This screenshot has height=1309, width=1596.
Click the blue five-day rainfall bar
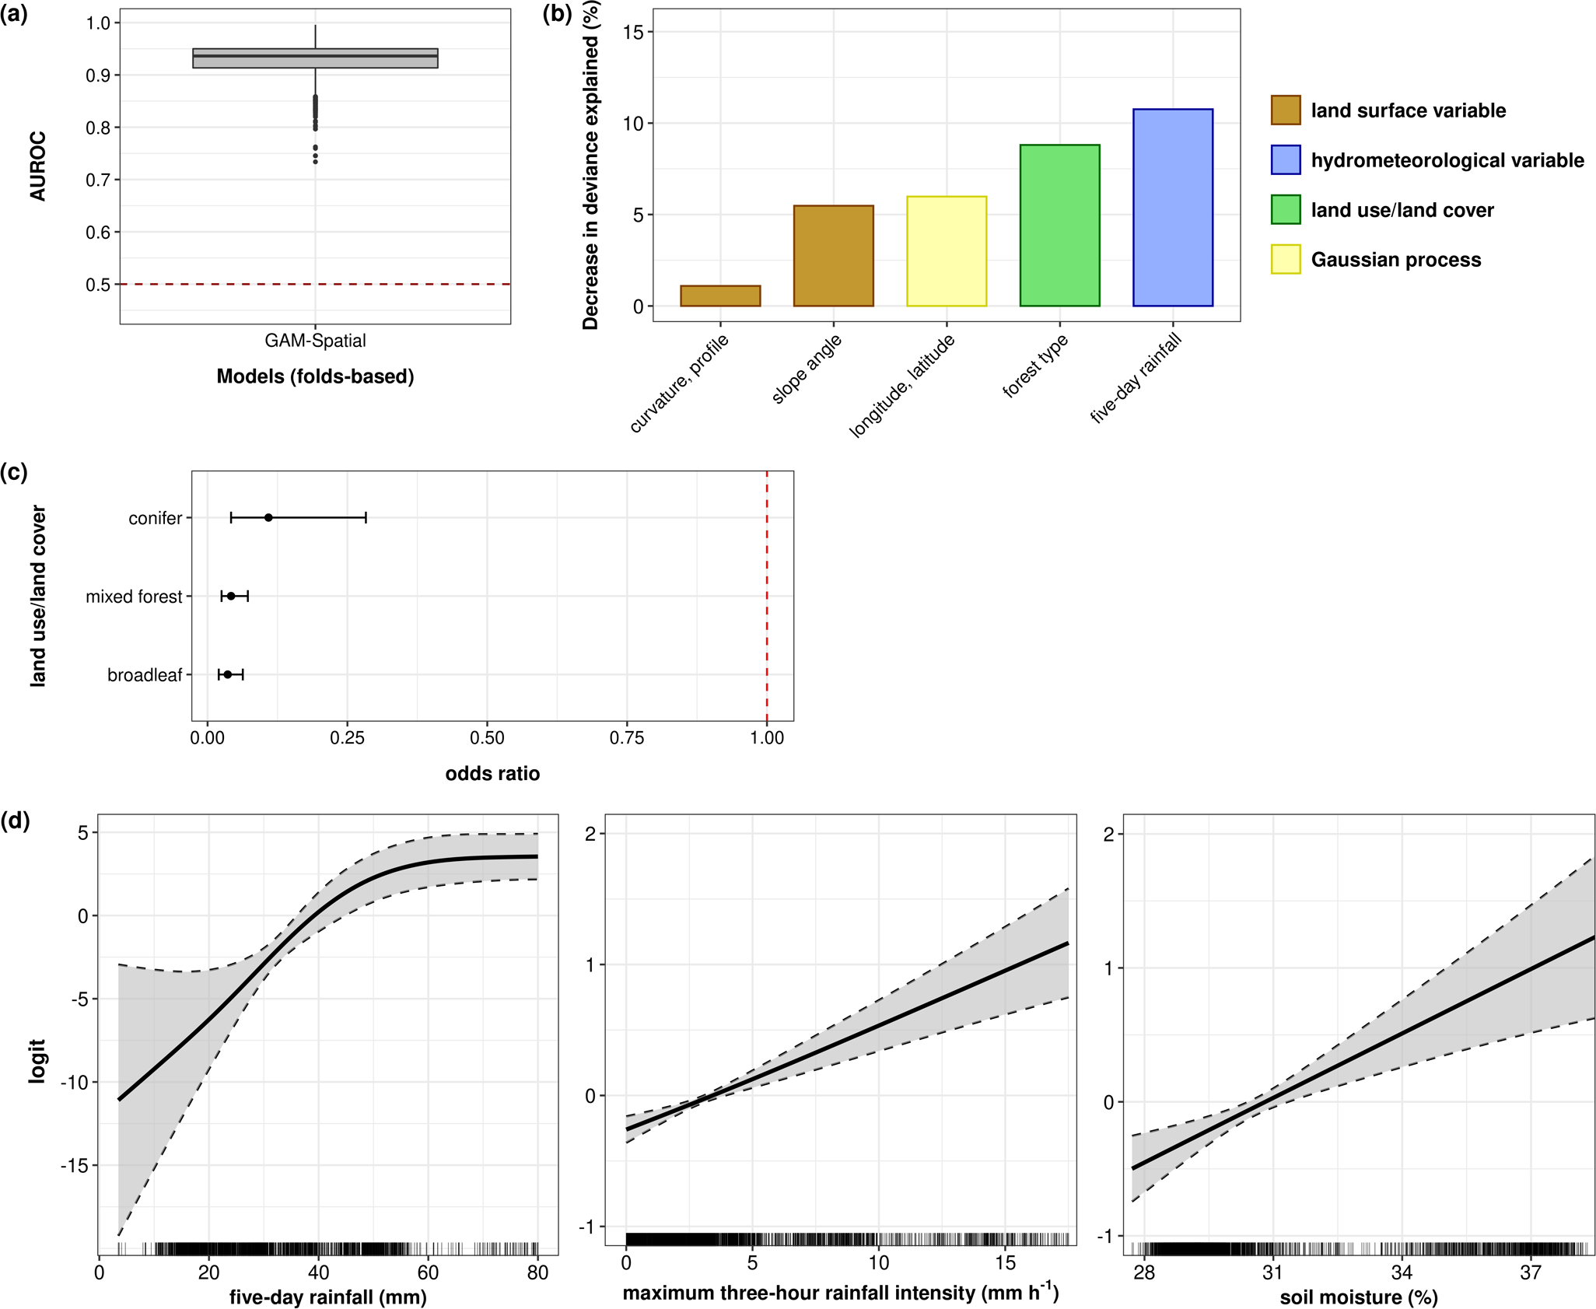pos(1172,208)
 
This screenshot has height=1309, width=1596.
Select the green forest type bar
pos(1059,226)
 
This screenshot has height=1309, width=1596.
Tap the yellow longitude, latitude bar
pos(947,251)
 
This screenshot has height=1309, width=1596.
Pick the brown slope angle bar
pos(833,256)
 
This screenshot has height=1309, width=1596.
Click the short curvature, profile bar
pos(720,296)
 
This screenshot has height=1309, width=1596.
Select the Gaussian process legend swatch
pos(1286,260)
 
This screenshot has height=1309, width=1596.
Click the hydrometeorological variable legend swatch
pos(1286,160)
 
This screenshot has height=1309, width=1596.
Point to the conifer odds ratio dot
pos(268,518)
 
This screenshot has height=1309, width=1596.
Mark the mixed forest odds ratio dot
pos(231,597)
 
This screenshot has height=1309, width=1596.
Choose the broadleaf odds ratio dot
pos(228,674)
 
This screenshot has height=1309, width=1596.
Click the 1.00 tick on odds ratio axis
pos(767,738)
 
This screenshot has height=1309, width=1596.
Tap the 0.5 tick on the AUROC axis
pos(98,285)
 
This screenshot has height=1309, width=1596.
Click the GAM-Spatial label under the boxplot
pos(315,341)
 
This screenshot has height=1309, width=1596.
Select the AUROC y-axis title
pos(38,166)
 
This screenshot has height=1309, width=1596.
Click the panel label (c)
pos(14,472)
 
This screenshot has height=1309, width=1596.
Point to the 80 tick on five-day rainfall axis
pos(537,1273)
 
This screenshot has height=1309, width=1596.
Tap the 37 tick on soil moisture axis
pos(1530,1273)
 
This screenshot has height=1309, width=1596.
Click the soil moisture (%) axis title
pos(1358,1297)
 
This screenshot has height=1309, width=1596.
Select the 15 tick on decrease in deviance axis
pos(633,32)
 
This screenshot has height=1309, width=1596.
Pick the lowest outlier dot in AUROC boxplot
pos(315,162)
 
